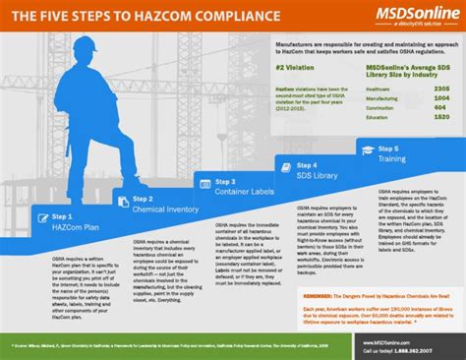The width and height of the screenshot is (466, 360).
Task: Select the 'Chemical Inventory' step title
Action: click(161, 208)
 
